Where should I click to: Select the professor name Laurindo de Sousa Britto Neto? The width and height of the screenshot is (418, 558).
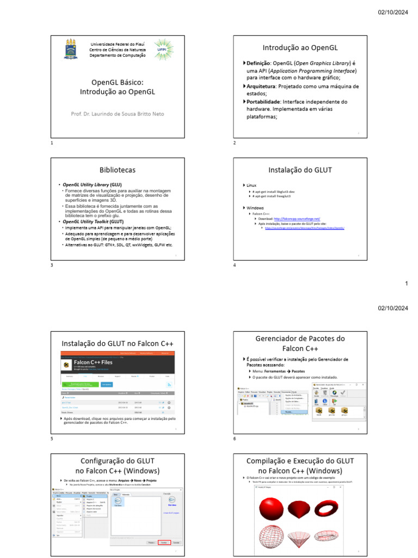click(117, 113)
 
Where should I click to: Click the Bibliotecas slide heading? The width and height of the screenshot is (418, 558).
click(118, 170)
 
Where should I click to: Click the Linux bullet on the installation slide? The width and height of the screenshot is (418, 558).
click(251, 186)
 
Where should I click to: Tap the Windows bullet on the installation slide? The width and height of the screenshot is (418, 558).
click(255, 208)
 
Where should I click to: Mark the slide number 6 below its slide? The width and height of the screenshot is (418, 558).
click(234, 439)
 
